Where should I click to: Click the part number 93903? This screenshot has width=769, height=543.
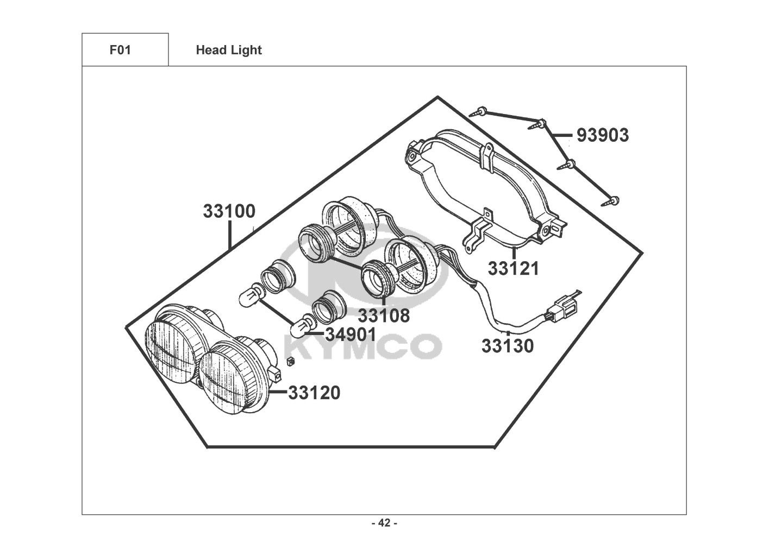pos(602,135)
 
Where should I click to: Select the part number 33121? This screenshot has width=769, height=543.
pos(513,268)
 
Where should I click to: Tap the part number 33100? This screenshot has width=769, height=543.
pos(229,211)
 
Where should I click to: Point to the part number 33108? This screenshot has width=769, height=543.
pos(384,315)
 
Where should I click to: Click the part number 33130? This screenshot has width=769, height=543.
pos(508,346)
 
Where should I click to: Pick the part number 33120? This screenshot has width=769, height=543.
pos(314,392)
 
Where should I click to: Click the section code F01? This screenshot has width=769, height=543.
pos(121,50)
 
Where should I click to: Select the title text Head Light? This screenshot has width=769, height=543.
pos(229,50)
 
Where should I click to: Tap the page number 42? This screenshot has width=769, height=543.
pos(384,523)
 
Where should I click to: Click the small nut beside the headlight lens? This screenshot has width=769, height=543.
pos(290,362)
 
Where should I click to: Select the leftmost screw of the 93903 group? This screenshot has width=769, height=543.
pos(479,112)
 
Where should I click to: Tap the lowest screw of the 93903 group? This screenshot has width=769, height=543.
pos(609,203)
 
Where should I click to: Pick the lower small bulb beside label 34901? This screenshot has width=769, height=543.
pos(300,328)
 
